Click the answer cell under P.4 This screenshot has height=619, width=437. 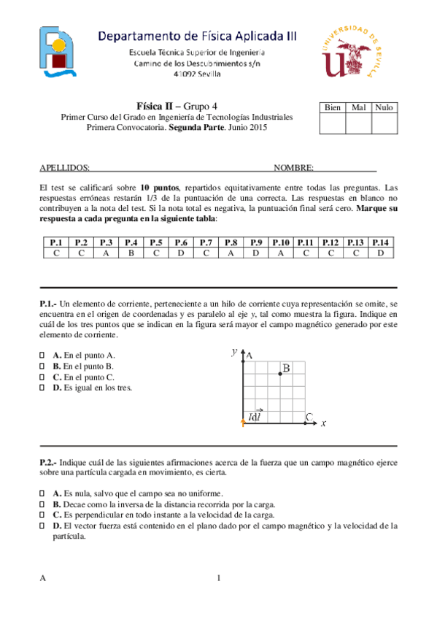[131, 253]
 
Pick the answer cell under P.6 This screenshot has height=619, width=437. [181, 253]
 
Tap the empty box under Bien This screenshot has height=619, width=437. [333, 124]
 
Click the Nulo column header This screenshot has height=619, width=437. [384, 107]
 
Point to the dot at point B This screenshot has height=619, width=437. [280, 374]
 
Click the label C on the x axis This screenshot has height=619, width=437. [309, 418]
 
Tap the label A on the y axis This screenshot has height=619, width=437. [249, 355]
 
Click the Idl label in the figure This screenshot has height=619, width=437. [255, 418]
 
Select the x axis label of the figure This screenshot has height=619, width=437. [322, 423]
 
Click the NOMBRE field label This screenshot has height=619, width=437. [293, 168]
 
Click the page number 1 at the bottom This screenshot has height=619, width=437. [218, 579]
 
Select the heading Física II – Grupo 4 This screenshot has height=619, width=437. [177, 105]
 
